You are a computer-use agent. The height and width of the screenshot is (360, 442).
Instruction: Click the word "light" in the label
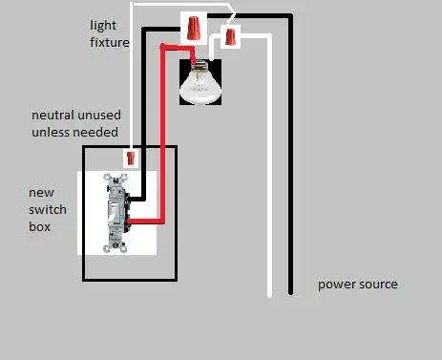click(103, 25)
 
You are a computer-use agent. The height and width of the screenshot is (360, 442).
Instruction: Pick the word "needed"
click(98, 133)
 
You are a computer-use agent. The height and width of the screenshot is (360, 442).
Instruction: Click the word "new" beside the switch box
click(41, 193)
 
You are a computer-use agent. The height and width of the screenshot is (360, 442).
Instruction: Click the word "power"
click(336, 285)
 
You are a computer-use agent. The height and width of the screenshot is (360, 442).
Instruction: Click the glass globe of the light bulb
click(201, 88)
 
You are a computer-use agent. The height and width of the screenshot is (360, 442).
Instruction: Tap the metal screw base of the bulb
click(201, 68)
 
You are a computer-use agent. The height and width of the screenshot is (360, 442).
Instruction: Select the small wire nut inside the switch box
click(131, 158)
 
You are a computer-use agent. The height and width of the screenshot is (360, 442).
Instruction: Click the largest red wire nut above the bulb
click(195, 26)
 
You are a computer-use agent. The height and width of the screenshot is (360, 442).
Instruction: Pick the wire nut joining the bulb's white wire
click(230, 38)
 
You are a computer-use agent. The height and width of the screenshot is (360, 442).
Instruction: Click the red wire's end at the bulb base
click(195, 63)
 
